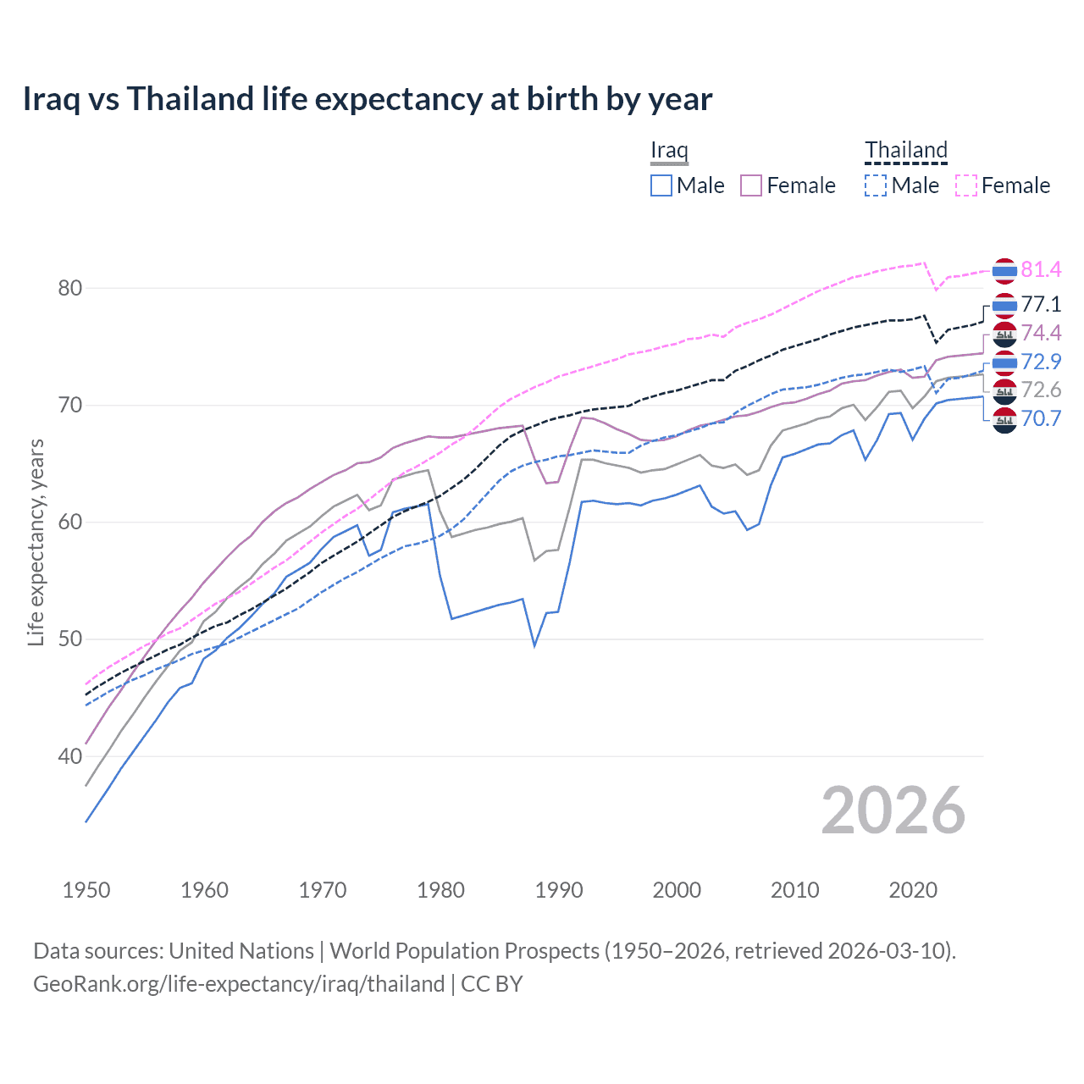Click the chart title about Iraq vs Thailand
click(368, 99)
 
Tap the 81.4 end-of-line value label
click(1041, 270)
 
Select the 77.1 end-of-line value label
click(1041, 305)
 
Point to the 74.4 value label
click(1041, 333)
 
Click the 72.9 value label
click(1041, 362)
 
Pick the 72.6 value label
click(1041, 390)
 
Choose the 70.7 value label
click(1041, 419)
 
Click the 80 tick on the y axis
click(70, 289)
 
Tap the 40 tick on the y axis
click(70, 756)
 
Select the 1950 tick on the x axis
click(86, 890)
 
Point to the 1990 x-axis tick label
click(559, 890)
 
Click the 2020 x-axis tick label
click(913, 890)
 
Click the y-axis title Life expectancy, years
click(36, 542)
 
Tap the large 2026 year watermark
click(893, 811)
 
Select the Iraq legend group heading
click(669, 151)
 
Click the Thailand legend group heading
click(905, 151)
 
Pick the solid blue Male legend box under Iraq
click(661, 185)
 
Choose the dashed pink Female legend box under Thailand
click(966, 185)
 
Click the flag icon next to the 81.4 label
click(1004, 270)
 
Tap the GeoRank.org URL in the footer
click(239, 984)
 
